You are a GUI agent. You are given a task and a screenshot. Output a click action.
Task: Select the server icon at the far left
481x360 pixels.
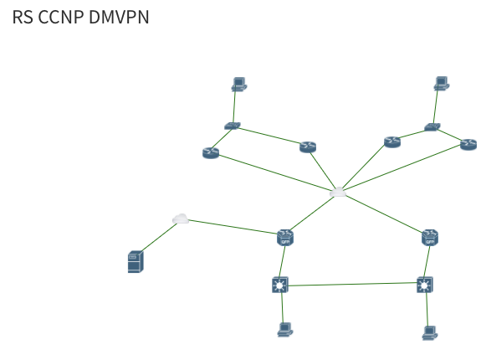tap(135, 261)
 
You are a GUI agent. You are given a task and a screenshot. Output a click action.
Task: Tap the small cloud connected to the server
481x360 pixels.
tap(180, 219)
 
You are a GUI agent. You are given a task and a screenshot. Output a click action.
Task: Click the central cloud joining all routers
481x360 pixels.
tap(338, 193)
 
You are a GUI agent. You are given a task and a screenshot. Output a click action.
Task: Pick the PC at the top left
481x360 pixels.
tap(238, 84)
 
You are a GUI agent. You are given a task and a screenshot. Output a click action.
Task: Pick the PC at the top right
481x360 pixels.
tap(441, 84)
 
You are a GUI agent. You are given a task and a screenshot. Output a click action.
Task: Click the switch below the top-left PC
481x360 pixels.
tap(232, 126)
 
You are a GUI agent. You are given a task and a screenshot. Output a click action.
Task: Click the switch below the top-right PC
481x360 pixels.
tap(432, 127)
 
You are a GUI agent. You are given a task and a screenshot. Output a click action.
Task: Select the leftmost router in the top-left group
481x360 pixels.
tap(210, 152)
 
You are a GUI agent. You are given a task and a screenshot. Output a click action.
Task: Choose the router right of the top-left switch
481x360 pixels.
tap(308, 147)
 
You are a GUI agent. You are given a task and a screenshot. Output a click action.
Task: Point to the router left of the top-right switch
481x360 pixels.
tap(392, 141)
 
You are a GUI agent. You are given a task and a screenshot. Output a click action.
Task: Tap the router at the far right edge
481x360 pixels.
tap(468, 145)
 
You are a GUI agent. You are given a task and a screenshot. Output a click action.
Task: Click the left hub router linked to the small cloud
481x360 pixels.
tap(285, 237)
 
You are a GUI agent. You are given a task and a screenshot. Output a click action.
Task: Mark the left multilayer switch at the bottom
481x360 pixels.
tap(280, 285)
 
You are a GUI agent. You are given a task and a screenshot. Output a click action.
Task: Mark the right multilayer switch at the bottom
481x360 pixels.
tap(425, 285)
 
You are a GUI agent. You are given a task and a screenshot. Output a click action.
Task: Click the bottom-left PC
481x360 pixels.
tap(284, 329)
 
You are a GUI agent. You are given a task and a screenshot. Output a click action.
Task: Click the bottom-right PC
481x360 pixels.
tap(429, 332)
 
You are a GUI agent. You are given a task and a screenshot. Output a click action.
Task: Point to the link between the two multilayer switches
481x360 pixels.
tap(352, 285)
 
